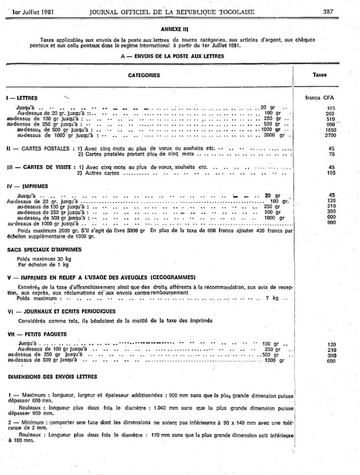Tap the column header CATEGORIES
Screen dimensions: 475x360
click(x=144, y=75)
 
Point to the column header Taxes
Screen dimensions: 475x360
click(x=320, y=75)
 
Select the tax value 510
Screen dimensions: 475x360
click(x=330, y=119)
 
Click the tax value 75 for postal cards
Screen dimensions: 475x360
click(x=331, y=153)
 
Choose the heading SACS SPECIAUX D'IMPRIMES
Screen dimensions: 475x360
click(x=44, y=249)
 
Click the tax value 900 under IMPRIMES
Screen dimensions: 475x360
click(x=330, y=223)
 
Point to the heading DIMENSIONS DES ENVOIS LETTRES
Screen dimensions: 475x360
click(x=52, y=376)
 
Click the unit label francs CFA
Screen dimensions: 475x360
click(x=320, y=98)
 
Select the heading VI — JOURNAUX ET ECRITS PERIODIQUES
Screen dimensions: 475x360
click(x=61, y=311)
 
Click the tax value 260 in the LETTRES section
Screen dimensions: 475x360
click(x=330, y=113)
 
